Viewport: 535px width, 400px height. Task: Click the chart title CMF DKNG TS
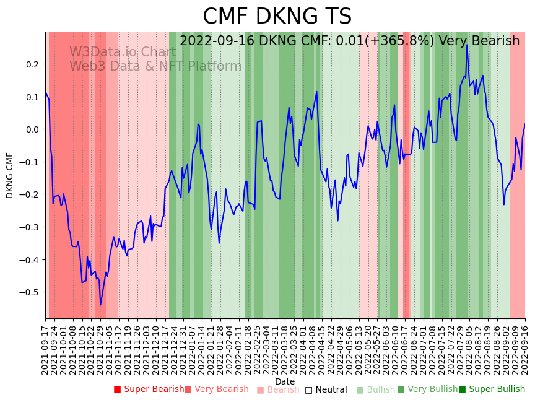point(277,17)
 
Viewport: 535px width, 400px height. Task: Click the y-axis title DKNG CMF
point(10,175)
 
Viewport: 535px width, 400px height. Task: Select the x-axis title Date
point(285,381)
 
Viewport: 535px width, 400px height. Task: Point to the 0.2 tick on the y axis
point(32,64)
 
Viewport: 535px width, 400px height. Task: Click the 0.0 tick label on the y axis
point(32,129)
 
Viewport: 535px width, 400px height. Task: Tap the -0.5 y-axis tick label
point(30,292)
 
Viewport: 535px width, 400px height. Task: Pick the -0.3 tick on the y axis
point(30,227)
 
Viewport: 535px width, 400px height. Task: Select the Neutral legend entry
point(330,389)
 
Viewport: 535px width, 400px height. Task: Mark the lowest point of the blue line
point(100,305)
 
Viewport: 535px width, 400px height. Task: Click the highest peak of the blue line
point(467,45)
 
